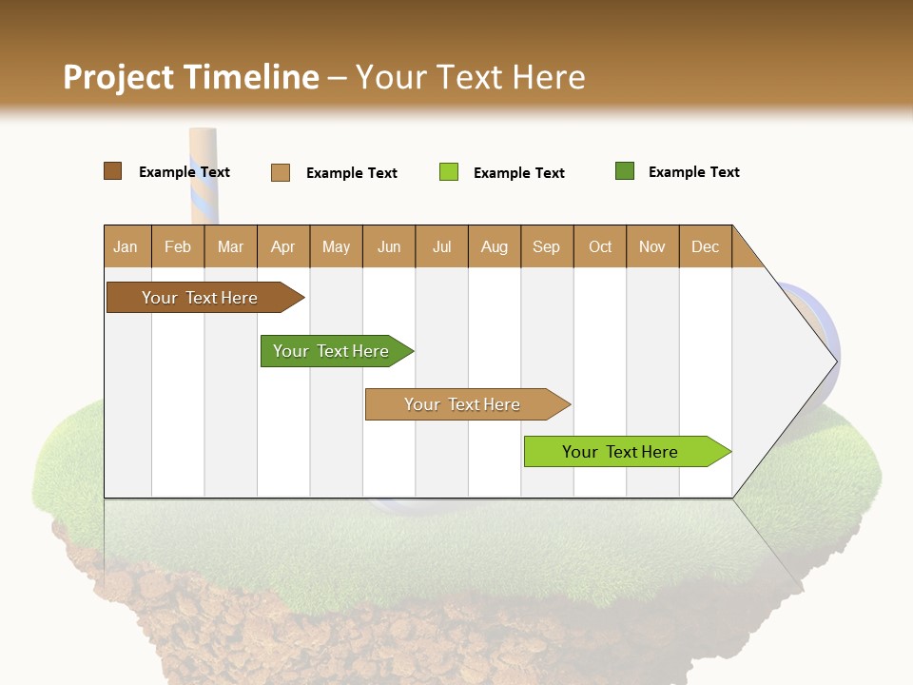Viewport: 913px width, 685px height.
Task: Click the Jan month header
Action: coord(126,246)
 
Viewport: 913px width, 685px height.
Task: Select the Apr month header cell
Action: coord(283,246)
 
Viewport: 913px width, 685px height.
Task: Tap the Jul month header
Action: coord(441,246)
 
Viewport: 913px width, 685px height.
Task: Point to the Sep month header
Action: coord(547,246)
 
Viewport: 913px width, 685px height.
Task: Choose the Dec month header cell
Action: coord(705,246)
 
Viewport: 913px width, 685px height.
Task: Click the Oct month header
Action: coord(600,246)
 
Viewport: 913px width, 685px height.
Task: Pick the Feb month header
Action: coord(178,246)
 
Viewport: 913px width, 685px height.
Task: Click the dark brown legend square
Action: coord(112,171)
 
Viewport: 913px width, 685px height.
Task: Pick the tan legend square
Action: coord(280,172)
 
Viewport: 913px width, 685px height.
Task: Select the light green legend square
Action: coord(449,172)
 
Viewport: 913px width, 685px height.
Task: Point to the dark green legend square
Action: coord(625,171)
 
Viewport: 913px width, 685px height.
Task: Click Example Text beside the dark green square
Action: coord(693,172)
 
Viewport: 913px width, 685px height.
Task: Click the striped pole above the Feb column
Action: coord(203,176)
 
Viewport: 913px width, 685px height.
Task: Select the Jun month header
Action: coord(389,246)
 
